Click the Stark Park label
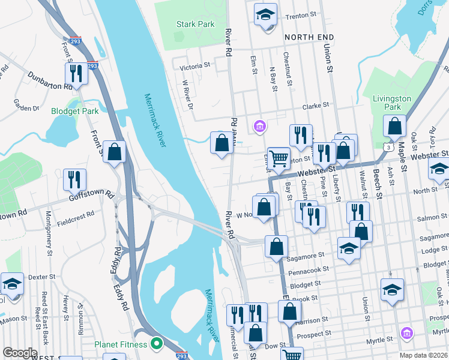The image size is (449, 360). pyautogui.click(x=196, y=25)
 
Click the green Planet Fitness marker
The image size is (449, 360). pyautogui.click(x=157, y=344)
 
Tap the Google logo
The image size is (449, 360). pyautogui.click(x=20, y=353)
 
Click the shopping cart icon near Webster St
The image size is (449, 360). pyautogui.click(x=279, y=158)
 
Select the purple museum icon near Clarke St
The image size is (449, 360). pyautogui.click(x=260, y=126)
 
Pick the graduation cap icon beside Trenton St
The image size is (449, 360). pyautogui.click(x=265, y=14)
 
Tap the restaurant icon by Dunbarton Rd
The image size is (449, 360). pyautogui.click(x=76, y=73)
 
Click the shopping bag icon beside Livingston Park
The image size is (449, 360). pyautogui.click(x=395, y=126)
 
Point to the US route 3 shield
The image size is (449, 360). pyautogui.click(x=390, y=147)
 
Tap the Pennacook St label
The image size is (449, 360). pyautogui.click(x=310, y=270)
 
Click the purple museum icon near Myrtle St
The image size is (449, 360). pyautogui.click(x=406, y=332)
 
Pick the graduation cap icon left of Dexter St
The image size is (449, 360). pyautogui.click(x=12, y=283)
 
